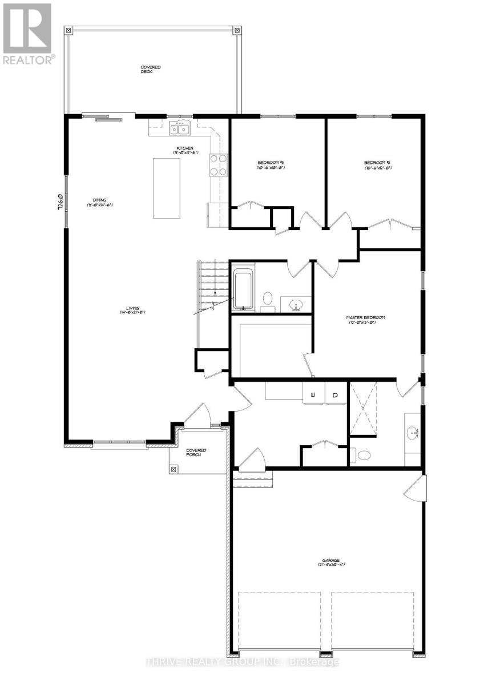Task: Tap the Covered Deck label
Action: [151, 70]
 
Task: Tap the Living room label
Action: [134, 310]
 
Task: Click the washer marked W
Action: [313, 394]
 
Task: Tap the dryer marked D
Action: [336, 394]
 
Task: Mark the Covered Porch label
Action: [196, 453]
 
